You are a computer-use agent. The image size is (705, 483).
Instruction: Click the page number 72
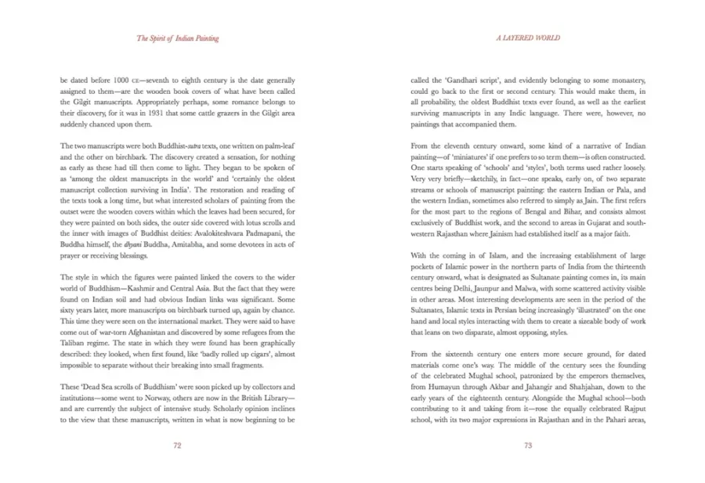click(x=177, y=445)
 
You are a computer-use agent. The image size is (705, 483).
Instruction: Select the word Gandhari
click(x=456, y=81)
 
